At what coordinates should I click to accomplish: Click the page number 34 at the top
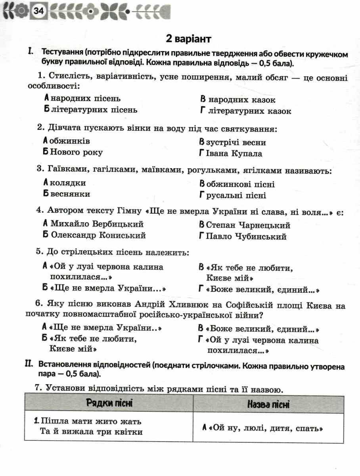39,12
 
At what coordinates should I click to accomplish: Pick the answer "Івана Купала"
234,153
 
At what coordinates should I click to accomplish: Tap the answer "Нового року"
77,152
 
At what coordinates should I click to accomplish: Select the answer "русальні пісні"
236,195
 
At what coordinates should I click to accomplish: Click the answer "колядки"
68,183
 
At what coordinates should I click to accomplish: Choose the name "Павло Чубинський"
246,237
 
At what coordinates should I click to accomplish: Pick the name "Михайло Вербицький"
97,224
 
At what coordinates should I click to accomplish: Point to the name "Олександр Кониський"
98,235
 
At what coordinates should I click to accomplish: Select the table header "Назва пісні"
268,405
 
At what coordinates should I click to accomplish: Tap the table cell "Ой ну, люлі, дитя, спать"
266,428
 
